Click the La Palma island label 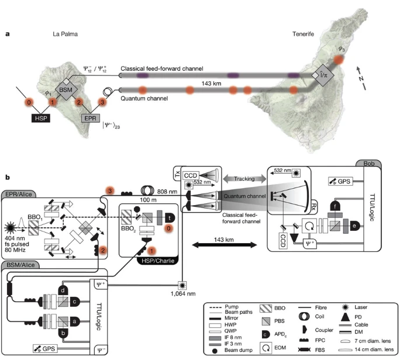click(64, 34)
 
